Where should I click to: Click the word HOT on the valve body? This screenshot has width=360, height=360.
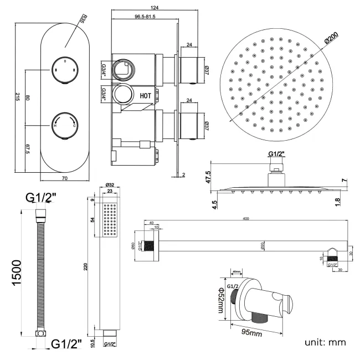[146, 95]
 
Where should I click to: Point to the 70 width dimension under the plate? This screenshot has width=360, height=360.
[64, 178]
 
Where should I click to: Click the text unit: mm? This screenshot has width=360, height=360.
[325, 342]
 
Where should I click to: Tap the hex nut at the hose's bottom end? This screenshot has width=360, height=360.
[40, 335]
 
